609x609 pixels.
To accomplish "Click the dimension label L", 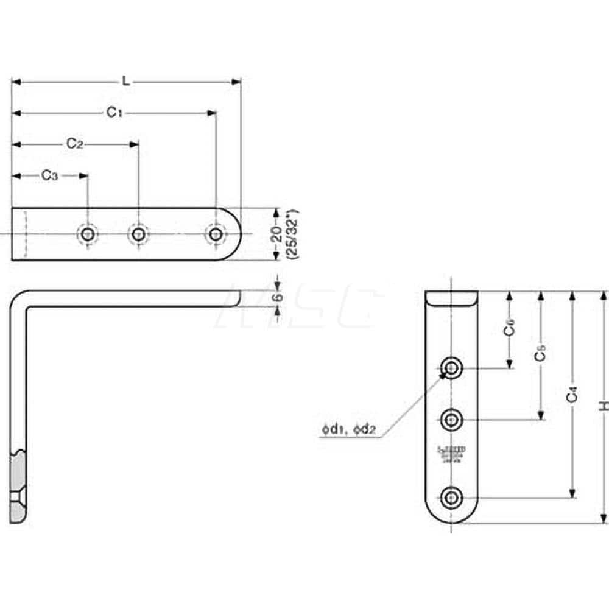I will [x=125, y=80].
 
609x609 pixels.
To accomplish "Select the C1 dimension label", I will [x=115, y=112].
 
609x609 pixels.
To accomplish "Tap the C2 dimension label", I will [x=75, y=144].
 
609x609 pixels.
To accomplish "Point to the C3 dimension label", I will [x=50, y=175].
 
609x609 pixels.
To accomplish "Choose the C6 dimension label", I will [x=509, y=329].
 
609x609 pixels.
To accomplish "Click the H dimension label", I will [x=603, y=407].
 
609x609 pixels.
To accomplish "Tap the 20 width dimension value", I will [x=277, y=234].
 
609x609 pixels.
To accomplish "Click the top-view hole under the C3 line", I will [x=87, y=234].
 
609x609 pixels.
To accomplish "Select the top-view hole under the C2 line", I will [x=138, y=234].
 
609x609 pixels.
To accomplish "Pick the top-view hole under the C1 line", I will [x=215, y=234].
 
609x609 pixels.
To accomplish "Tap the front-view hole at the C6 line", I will [x=451, y=367].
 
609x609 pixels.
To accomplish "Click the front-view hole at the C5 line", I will [x=451, y=419].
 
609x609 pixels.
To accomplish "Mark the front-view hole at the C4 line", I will [x=451, y=498].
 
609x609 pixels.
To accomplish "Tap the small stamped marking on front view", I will [x=451, y=454].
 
